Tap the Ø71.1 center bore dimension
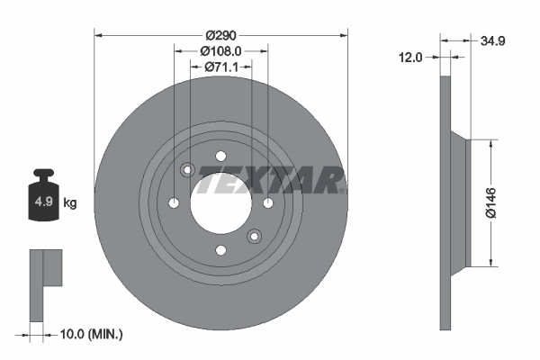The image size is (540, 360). [220, 67]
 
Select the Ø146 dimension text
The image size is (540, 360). [505, 202]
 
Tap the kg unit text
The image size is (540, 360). [70, 202]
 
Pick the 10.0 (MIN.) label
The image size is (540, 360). [90, 334]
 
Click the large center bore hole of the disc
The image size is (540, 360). [220, 203]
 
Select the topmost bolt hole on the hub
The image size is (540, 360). [220, 156]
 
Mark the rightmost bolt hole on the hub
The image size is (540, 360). [268, 203]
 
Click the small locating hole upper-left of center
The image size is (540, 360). [187, 170]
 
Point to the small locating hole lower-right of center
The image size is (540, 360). [254, 238]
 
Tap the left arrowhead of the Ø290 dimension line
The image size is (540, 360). [98, 35]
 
